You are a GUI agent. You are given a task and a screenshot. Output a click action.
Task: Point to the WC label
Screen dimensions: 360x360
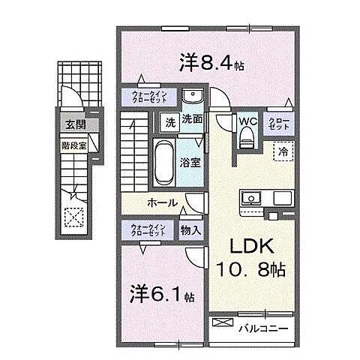248,118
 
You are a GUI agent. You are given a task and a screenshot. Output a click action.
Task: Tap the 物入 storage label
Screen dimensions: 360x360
190,230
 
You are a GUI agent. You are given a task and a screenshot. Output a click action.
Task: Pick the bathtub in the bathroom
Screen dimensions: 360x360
164,160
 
